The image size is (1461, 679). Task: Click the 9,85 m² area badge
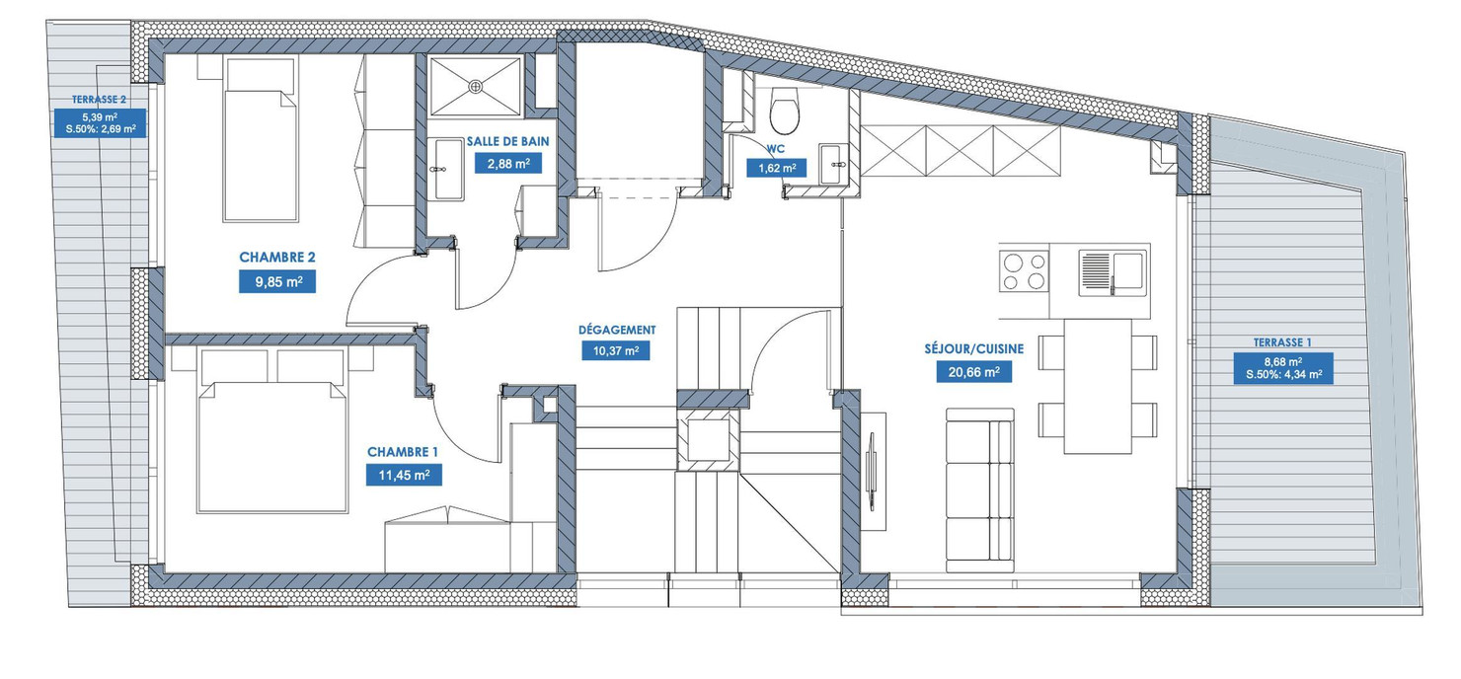pos(276,282)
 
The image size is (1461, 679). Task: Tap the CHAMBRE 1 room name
pos(403,452)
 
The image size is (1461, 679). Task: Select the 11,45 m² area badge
pos(403,475)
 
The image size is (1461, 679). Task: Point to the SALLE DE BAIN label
pos(507,142)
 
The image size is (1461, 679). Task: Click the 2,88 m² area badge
pos(507,163)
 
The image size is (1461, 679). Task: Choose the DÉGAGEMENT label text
pos(617,330)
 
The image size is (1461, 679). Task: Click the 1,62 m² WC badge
pos(776,168)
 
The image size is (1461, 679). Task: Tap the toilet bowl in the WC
pos(786,111)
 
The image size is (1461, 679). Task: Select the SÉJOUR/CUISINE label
pos(973,348)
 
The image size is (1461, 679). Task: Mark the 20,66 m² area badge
pos(973,371)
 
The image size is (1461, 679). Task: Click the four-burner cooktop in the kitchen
pos(1024,269)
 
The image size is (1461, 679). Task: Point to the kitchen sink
pos(1112,268)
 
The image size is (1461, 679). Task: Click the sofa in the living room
pos(979,490)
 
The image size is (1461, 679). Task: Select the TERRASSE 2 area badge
pos(100,115)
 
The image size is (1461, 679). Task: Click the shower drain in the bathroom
pos(476,85)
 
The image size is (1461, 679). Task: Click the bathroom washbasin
pos(448,170)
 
